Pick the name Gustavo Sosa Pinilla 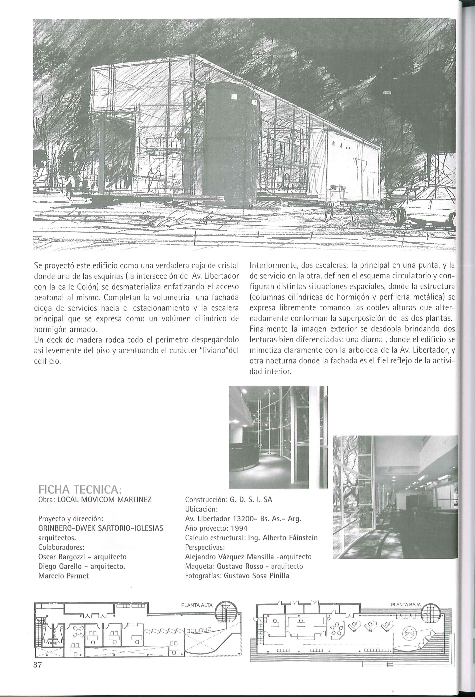tap(256, 576)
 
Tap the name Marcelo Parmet tap(64, 576)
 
